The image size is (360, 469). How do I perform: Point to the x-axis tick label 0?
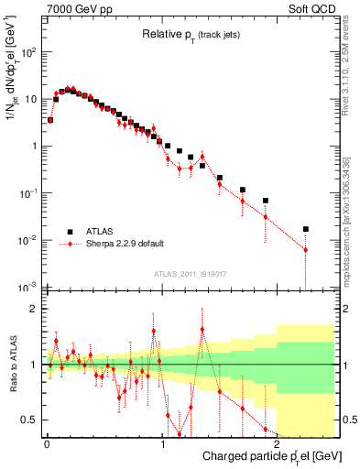tap(47, 442)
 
